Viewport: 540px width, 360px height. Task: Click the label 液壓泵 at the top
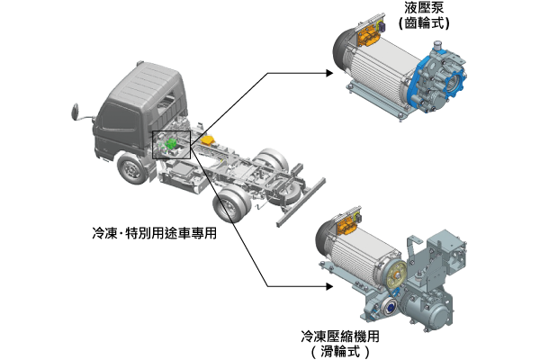point(424,7)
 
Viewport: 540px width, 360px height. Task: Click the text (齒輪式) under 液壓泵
point(424,23)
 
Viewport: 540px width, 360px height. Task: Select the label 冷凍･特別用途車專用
point(154,233)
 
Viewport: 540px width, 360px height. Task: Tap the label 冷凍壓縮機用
point(340,337)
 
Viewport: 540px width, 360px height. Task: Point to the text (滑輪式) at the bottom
point(340,352)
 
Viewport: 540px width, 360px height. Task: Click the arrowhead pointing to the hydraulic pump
point(329,73)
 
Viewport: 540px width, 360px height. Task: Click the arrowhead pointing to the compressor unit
point(329,286)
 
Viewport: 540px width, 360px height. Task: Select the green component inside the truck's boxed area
point(171,144)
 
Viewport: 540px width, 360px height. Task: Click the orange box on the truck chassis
point(208,140)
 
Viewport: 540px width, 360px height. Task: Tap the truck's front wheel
point(130,169)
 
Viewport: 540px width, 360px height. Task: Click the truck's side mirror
point(76,112)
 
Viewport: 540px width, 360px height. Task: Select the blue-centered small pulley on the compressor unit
point(389,306)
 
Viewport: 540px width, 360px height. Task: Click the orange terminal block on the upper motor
point(368,35)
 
